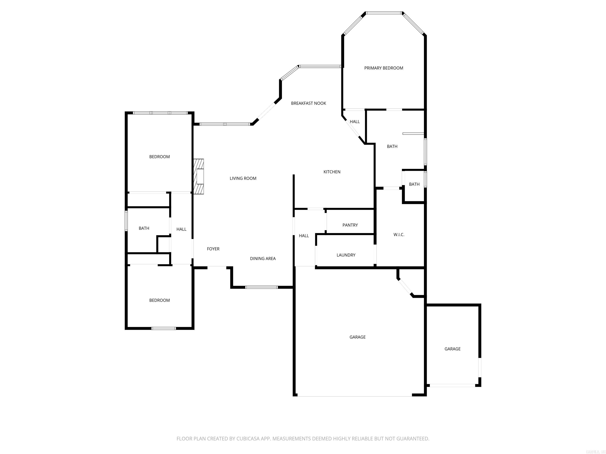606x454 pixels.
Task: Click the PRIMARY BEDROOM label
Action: (383, 68)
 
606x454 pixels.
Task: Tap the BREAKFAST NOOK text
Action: (309, 103)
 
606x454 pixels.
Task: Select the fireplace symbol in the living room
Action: (199, 177)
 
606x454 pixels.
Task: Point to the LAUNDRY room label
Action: (346, 255)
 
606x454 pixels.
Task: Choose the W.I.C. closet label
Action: (399, 234)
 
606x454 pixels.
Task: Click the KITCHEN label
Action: (332, 172)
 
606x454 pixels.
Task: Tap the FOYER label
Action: (213, 249)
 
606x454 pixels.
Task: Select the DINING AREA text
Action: (263, 258)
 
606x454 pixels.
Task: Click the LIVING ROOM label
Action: (243, 178)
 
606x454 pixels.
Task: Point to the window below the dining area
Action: (261, 287)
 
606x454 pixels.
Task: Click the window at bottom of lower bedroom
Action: (164, 328)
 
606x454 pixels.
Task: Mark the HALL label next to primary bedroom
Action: (354, 122)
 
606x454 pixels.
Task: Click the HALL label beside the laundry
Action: (304, 236)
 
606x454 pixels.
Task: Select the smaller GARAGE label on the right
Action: (452, 349)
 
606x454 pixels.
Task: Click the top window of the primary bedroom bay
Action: (384, 13)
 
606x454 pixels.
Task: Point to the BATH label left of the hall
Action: (144, 228)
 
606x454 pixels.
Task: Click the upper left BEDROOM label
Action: (159, 156)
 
